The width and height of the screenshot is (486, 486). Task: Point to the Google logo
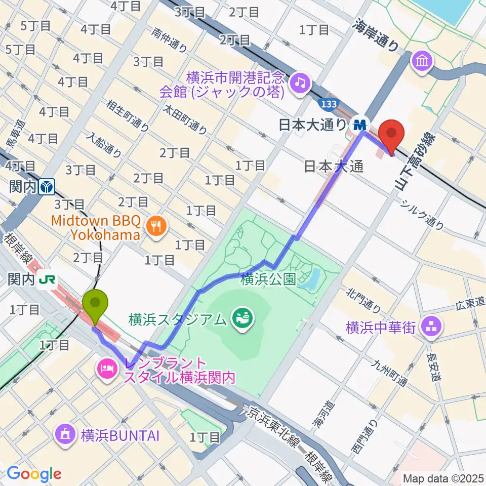coord(34,473)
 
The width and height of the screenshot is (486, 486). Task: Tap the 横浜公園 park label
coord(268,279)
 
